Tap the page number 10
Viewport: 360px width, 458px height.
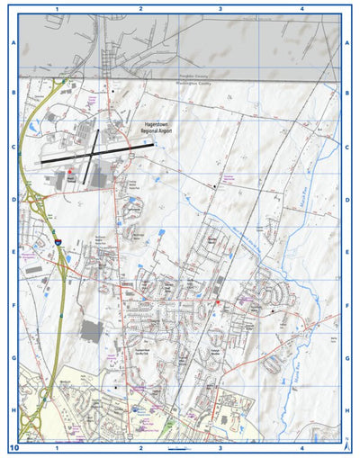coord(13,447)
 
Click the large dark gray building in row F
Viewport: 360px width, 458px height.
coord(91,330)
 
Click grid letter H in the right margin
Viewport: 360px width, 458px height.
coord(347,410)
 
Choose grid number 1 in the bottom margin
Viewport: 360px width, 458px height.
coord(57,447)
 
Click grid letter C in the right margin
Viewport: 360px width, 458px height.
coord(347,146)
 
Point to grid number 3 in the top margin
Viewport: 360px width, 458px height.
coord(220,7)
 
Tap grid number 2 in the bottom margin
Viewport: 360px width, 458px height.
coord(140,447)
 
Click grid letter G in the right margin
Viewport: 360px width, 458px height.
coord(347,357)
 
